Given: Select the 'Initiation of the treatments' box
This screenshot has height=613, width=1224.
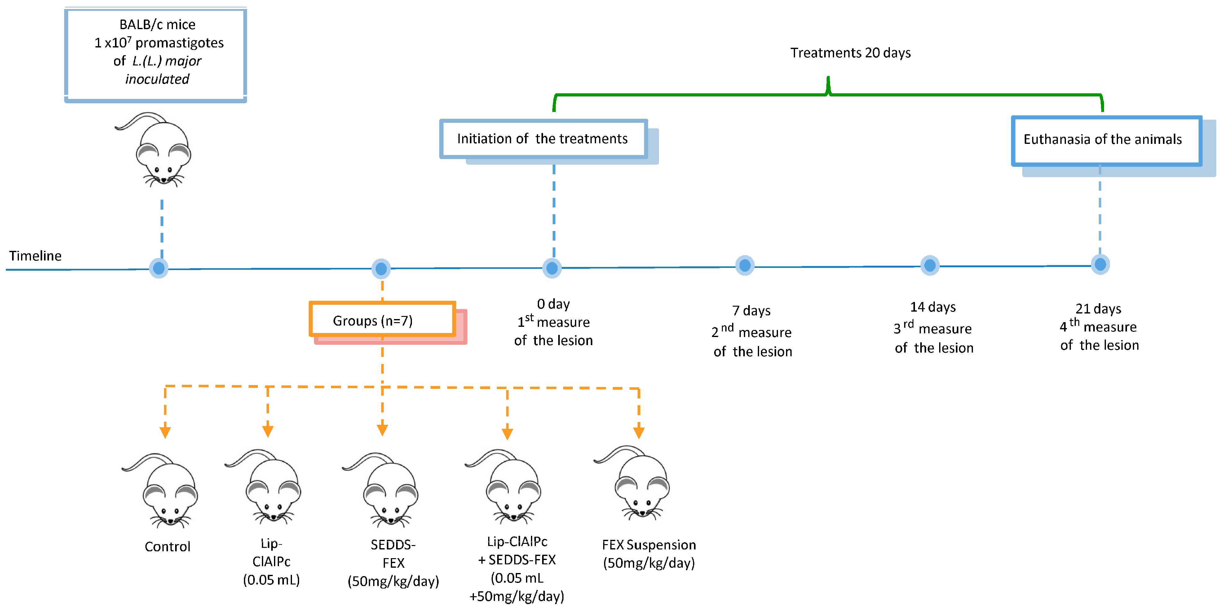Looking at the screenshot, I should point(543,139).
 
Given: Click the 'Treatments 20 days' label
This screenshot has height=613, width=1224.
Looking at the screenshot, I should point(850,53).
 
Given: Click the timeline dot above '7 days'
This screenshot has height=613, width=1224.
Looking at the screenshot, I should point(745,265).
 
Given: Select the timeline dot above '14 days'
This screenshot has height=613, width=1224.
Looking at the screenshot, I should point(930,265).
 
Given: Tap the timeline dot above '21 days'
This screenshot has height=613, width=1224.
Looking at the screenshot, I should point(1099,264).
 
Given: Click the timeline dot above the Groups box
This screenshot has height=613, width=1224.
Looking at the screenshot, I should point(381,269).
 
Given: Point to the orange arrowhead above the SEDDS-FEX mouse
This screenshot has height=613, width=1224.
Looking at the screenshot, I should point(382,430).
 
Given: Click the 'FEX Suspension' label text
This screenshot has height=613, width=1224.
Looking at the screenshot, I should point(649,544).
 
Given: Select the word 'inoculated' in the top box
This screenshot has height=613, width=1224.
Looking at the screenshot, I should point(157,79).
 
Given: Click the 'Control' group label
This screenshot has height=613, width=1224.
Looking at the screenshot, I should point(167,546).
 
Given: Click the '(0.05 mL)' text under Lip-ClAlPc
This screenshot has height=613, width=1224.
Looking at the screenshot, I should point(271,580).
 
